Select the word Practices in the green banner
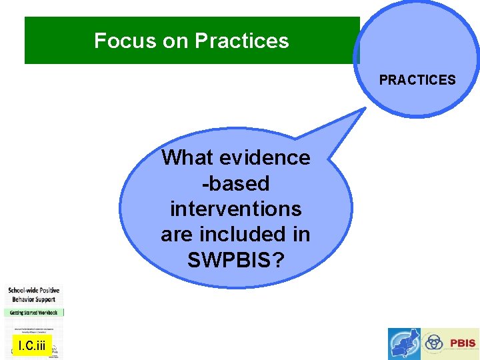242,41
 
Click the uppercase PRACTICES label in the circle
417,80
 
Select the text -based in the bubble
235,183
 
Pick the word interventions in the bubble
235,209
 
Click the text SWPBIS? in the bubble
235,260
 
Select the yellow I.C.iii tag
32,345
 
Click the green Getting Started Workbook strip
34,312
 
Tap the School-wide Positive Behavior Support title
34,295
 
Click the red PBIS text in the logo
463,343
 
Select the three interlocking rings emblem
434,343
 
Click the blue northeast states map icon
405,343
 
